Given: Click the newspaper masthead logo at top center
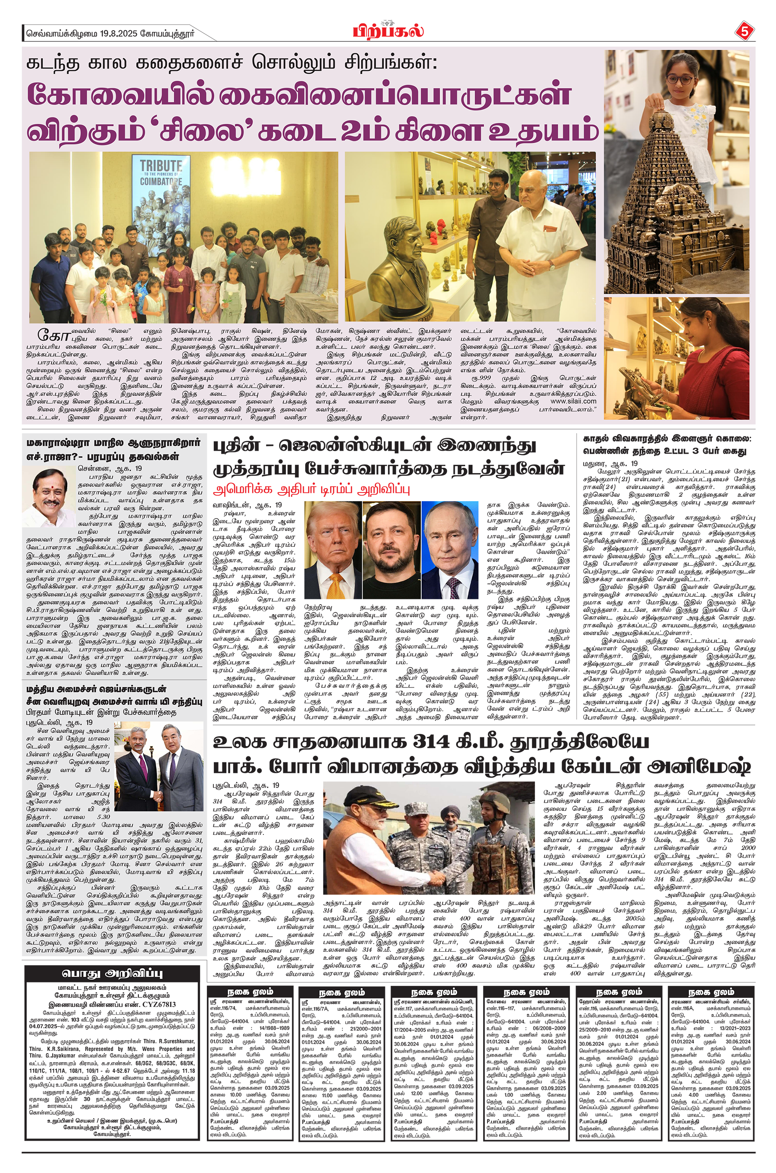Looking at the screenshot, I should (x=388, y=30).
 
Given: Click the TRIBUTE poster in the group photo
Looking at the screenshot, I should (x=160, y=188).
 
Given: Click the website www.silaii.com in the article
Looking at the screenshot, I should (x=573, y=401).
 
